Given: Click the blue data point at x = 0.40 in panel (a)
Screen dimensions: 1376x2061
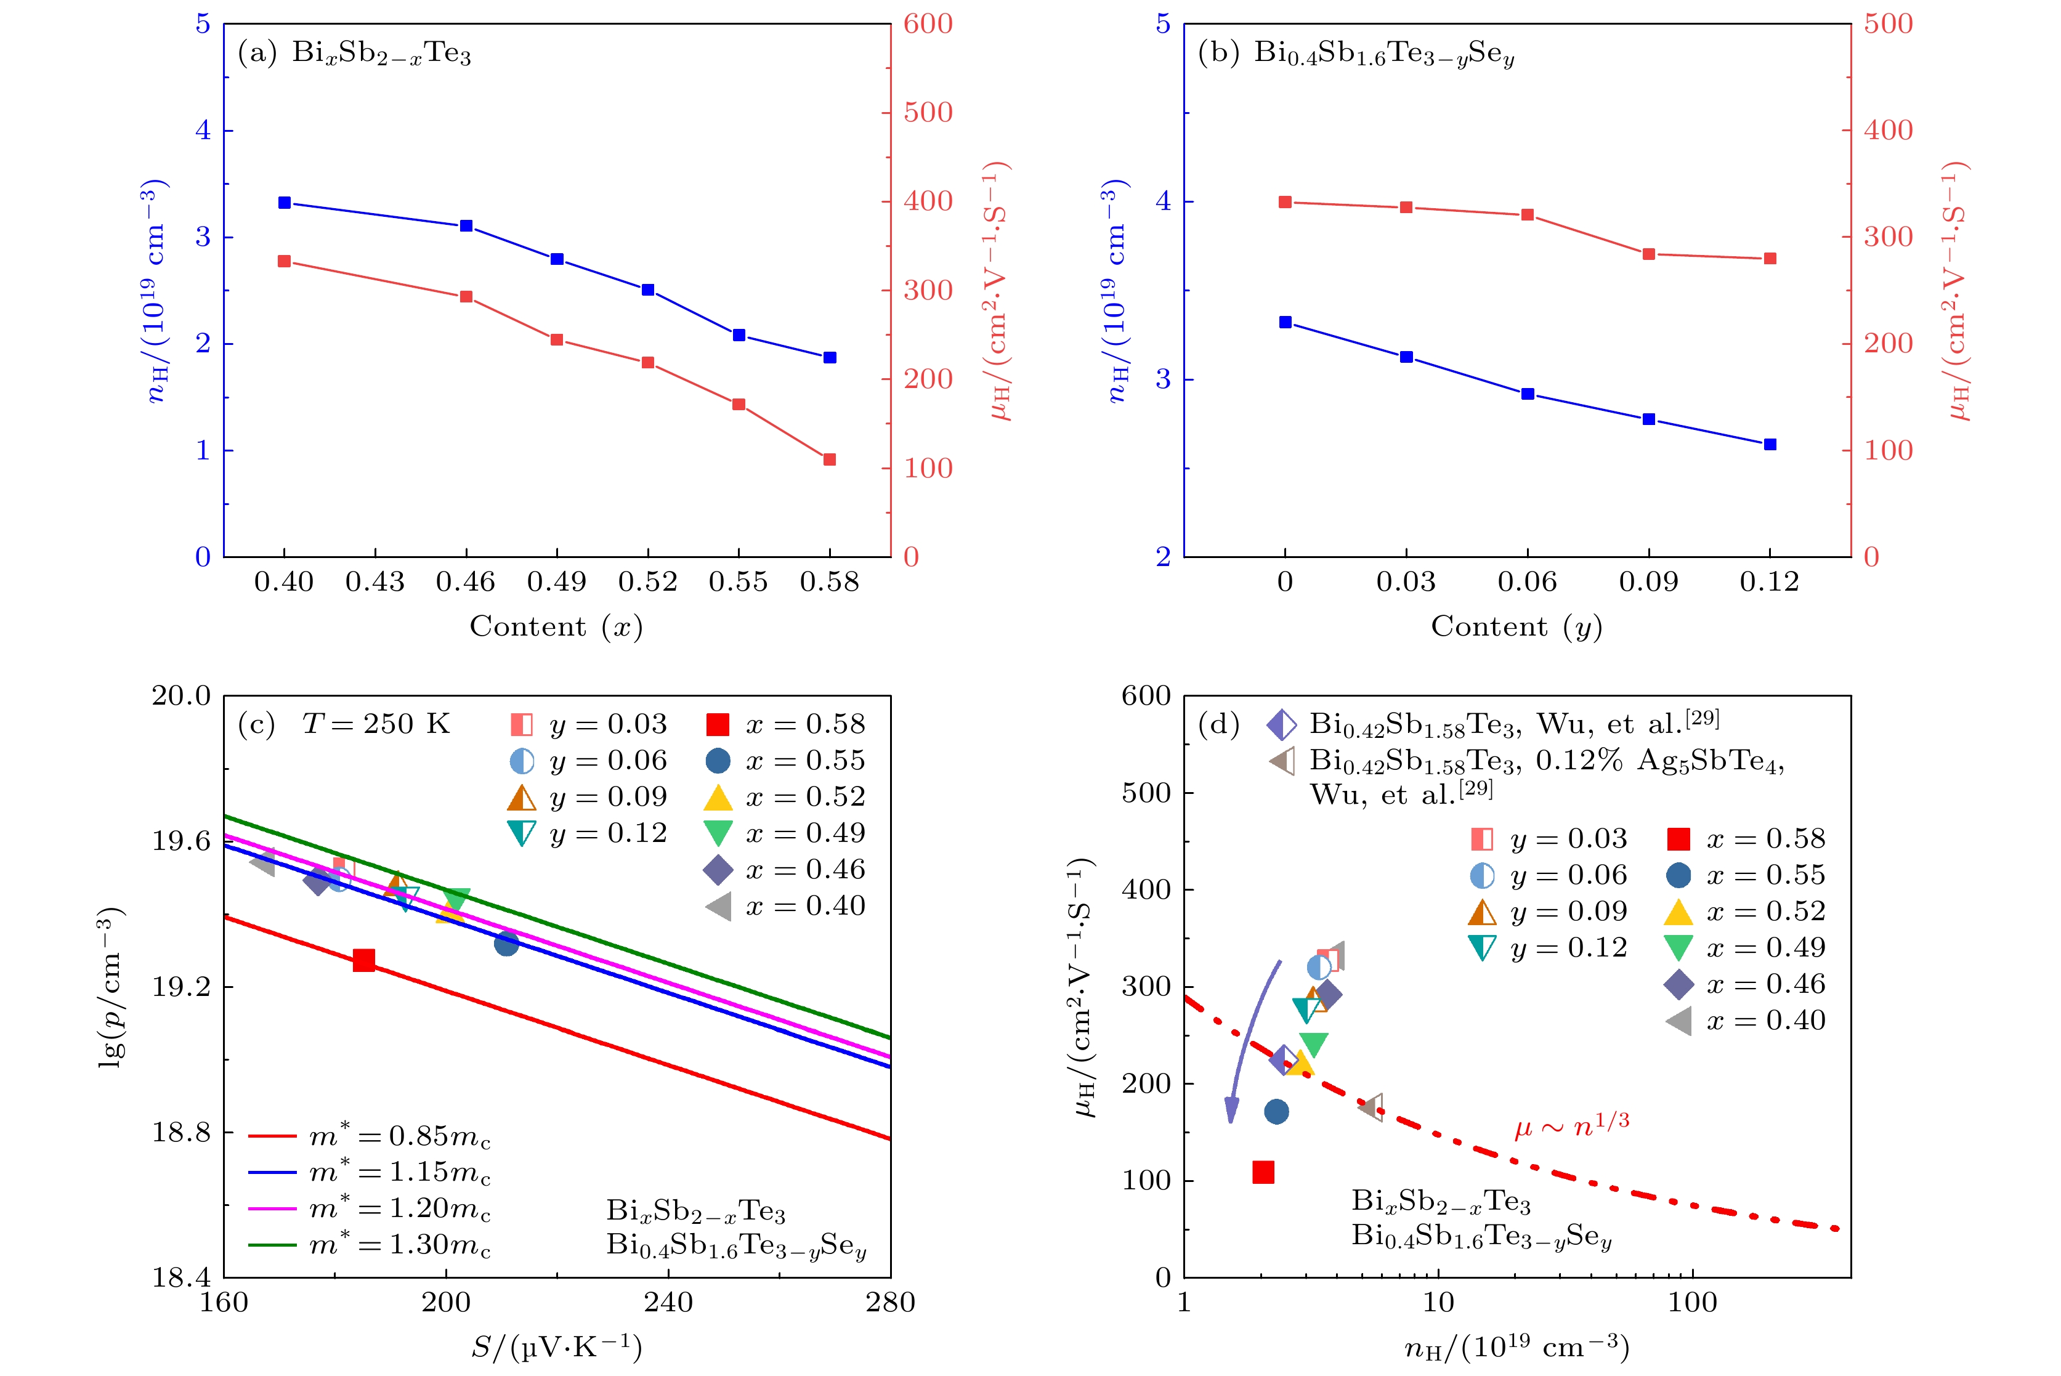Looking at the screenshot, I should (285, 203).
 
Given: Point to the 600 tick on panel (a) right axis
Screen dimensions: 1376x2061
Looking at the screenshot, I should (928, 23).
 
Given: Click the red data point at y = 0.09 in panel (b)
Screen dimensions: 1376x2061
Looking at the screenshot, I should (1649, 254).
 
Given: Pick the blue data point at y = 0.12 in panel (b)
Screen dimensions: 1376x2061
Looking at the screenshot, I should (1770, 445).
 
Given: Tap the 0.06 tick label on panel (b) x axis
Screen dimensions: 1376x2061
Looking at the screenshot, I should (1528, 582).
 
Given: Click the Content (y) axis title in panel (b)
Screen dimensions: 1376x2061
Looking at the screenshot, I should (1516, 626).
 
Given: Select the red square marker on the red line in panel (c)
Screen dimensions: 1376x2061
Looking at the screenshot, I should (364, 960).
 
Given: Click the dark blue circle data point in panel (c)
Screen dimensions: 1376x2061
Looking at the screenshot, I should (506, 944).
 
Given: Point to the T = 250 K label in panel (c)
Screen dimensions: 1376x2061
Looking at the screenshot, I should (376, 724).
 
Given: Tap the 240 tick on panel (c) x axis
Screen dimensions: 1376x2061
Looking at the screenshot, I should (668, 1302).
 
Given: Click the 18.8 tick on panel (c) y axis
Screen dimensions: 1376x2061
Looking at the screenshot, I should (182, 1132).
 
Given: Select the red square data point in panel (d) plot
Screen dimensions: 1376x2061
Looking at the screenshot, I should (1263, 1172).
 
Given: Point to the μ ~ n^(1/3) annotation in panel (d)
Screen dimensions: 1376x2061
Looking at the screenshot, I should (1571, 1124).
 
